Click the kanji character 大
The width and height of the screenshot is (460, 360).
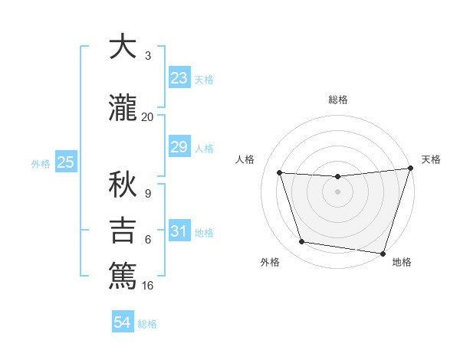point(123,47)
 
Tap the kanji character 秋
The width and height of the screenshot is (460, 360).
point(123,184)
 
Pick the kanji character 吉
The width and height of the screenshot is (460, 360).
point(123,231)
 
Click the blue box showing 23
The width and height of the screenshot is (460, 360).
point(179,78)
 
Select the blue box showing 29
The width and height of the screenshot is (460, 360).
point(179,147)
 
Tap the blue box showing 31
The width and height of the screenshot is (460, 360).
point(179,231)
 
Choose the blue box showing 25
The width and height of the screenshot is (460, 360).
point(65,162)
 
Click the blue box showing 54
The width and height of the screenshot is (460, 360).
point(122,322)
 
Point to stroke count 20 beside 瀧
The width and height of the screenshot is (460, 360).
point(147,116)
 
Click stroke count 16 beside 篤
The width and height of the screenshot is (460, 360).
point(148,286)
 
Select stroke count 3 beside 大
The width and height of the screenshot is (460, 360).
point(147,56)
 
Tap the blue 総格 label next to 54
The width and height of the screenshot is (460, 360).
point(147,324)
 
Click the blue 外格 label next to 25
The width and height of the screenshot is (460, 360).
point(41,164)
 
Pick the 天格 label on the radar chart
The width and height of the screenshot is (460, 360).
point(431,159)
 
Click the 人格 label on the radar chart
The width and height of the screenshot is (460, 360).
point(245,159)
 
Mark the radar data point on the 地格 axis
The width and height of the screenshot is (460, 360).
point(383,253)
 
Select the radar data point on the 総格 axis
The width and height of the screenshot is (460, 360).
point(337,177)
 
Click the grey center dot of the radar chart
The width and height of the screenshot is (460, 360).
point(337,191)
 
